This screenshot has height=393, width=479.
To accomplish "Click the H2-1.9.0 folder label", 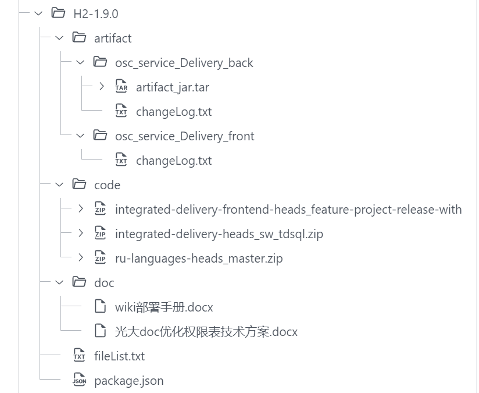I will click(95, 13).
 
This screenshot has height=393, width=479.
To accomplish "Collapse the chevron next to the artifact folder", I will click(59, 38).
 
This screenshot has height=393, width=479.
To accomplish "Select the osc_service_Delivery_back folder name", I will click(184, 62).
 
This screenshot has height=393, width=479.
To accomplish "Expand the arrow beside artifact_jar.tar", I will click(101, 87).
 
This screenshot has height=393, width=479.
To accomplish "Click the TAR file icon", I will click(121, 87).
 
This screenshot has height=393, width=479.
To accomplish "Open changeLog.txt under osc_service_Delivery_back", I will click(174, 111).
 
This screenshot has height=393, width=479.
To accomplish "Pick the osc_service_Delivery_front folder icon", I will click(100, 136).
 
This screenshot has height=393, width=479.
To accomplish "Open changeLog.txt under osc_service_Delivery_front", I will click(174, 160).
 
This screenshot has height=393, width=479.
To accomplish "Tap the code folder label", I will click(107, 185).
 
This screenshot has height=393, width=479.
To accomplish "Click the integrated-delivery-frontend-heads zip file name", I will click(288, 209).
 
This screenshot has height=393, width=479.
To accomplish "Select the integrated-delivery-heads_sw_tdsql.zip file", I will click(219, 233).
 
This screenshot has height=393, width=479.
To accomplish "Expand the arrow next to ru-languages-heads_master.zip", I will click(80, 258).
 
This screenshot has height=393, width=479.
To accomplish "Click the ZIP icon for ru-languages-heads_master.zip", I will click(100, 258).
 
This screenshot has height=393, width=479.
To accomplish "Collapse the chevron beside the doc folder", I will click(59, 282).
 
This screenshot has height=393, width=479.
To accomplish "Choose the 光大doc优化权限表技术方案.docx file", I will click(206, 331).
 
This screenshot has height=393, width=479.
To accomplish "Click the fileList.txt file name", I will click(119, 356).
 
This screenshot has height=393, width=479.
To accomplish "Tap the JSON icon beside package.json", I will click(79, 380).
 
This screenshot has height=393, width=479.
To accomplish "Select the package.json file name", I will click(128, 380).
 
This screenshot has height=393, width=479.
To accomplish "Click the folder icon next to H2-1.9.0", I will click(58, 13).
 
